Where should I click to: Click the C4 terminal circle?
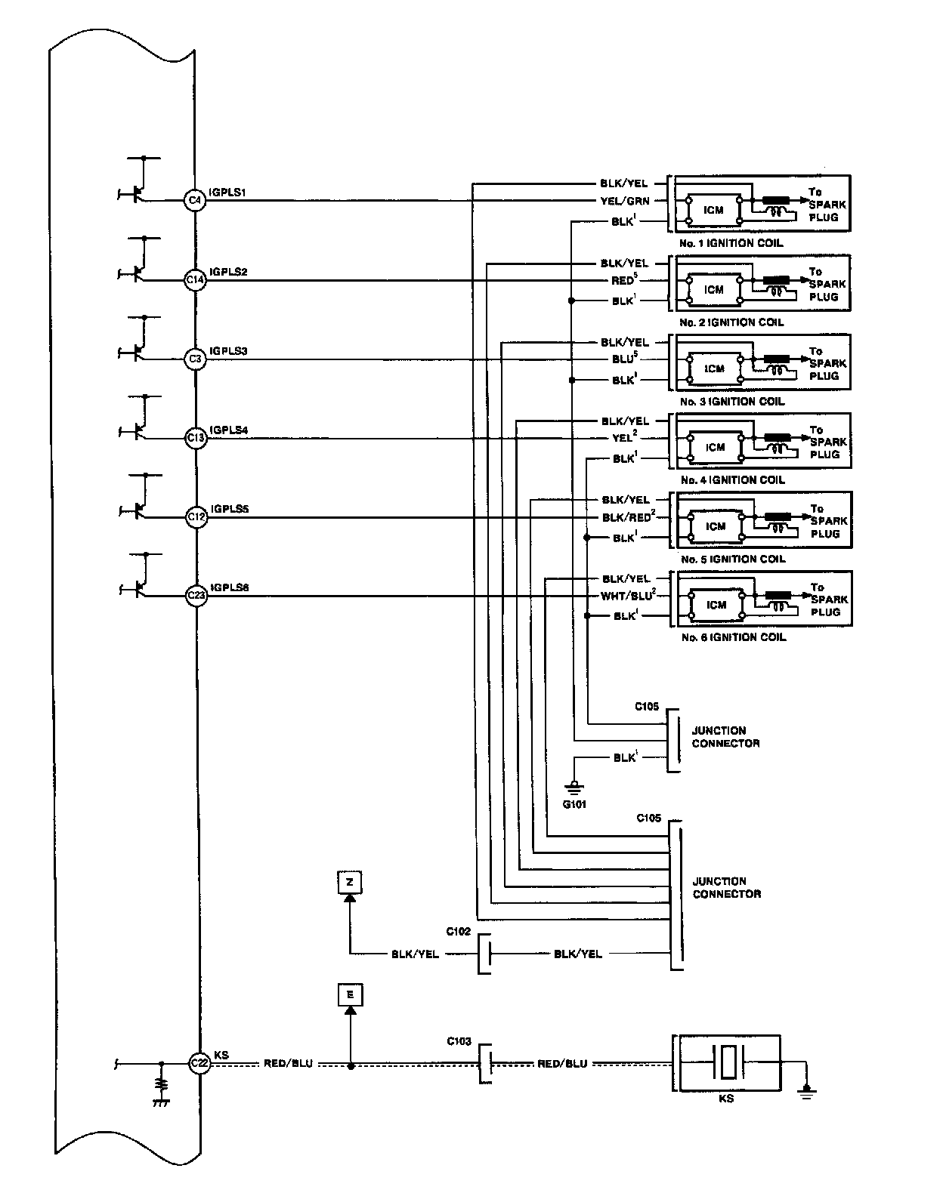195,200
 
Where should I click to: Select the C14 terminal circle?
195,279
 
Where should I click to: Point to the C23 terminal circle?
196,596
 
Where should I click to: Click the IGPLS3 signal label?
230,351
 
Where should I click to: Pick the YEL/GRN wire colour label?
625,201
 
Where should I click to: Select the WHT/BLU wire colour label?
626,596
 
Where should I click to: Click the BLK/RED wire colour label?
626,517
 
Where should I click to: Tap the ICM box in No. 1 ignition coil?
713,210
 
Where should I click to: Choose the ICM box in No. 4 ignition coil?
715,447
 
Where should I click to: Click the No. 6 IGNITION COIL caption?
733,637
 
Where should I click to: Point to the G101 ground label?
574,804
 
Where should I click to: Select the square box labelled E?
350,995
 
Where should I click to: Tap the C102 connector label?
459,931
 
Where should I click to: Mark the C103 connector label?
459,1041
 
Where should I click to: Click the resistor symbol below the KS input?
161,1085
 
